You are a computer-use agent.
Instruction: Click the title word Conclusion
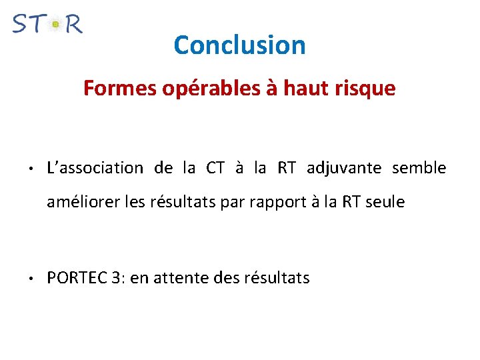click(x=239, y=45)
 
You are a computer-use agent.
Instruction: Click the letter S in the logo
click(x=21, y=24)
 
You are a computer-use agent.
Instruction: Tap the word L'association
click(x=95, y=168)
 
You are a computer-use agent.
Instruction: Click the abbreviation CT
click(x=215, y=168)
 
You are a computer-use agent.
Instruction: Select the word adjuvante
click(x=344, y=168)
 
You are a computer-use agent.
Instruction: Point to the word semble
click(x=419, y=168)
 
